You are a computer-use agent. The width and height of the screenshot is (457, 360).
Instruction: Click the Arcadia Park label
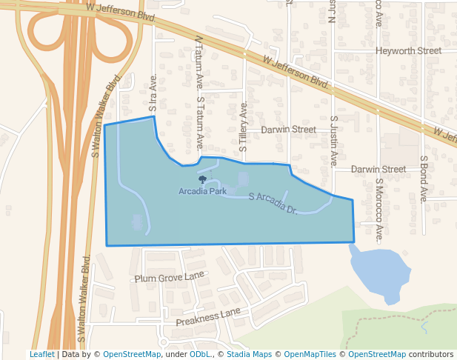(202, 191)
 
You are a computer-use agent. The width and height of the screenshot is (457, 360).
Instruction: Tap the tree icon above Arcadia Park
(202, 179)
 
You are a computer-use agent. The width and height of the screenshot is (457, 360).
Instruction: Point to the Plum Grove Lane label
(169, 277)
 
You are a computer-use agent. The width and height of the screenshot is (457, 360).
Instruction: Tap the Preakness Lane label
(209, 318)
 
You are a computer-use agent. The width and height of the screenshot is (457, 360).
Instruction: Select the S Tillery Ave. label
(243, 130)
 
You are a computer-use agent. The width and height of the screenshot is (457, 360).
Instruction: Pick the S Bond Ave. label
(424, 179)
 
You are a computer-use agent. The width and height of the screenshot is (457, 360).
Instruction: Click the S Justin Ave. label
(334, 140)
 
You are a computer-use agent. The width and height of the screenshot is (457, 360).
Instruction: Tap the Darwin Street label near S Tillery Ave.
(288, 130)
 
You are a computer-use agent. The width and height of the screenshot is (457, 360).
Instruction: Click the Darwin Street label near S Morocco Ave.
(378, 169)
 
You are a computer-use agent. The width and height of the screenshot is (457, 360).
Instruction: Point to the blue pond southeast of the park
(378, 270)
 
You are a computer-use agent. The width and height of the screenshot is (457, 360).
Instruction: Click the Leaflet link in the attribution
(41, 355)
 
